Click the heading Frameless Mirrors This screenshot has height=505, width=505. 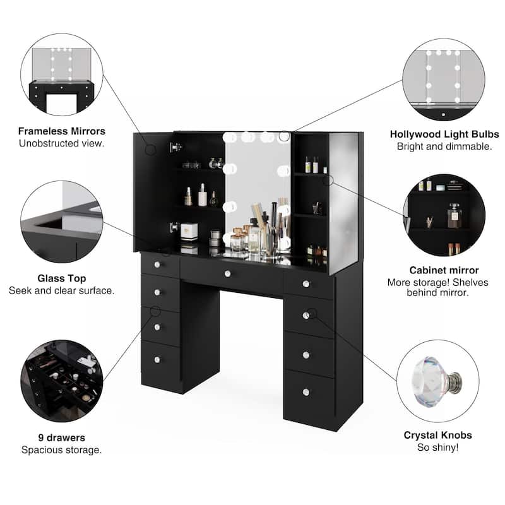pyautogui.click(x=61, y=132)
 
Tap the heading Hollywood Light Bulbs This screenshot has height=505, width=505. pyautogui.click(x=444, y=134)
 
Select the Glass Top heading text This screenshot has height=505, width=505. pyautogui.click(x=61, y=278)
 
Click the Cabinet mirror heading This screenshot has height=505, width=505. pyautogui.click(x=444, y=270)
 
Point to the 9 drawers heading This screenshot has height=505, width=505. pyautogui.click(x=61, y=437)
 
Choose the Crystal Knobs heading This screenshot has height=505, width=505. pyautogui.click(x=437, y=435)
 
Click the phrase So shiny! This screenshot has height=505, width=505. pyautogui.click(x=437, y=447)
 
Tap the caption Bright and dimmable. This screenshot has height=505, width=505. pyautogui.click(x=444, y=146)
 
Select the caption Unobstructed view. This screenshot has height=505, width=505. pyautogui.click(x=61, y=144)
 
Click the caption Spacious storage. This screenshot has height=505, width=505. pyautogui.click(x=61, y=449)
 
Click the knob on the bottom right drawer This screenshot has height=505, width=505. pyautogui.click(x=306, y=391)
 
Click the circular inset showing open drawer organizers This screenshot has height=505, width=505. pyautogui.click(x=61, y=381)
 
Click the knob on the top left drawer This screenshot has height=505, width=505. pyautogui.click(x=158, y=266)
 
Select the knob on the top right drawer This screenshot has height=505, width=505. pyautogui.click(x=306, y=283)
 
